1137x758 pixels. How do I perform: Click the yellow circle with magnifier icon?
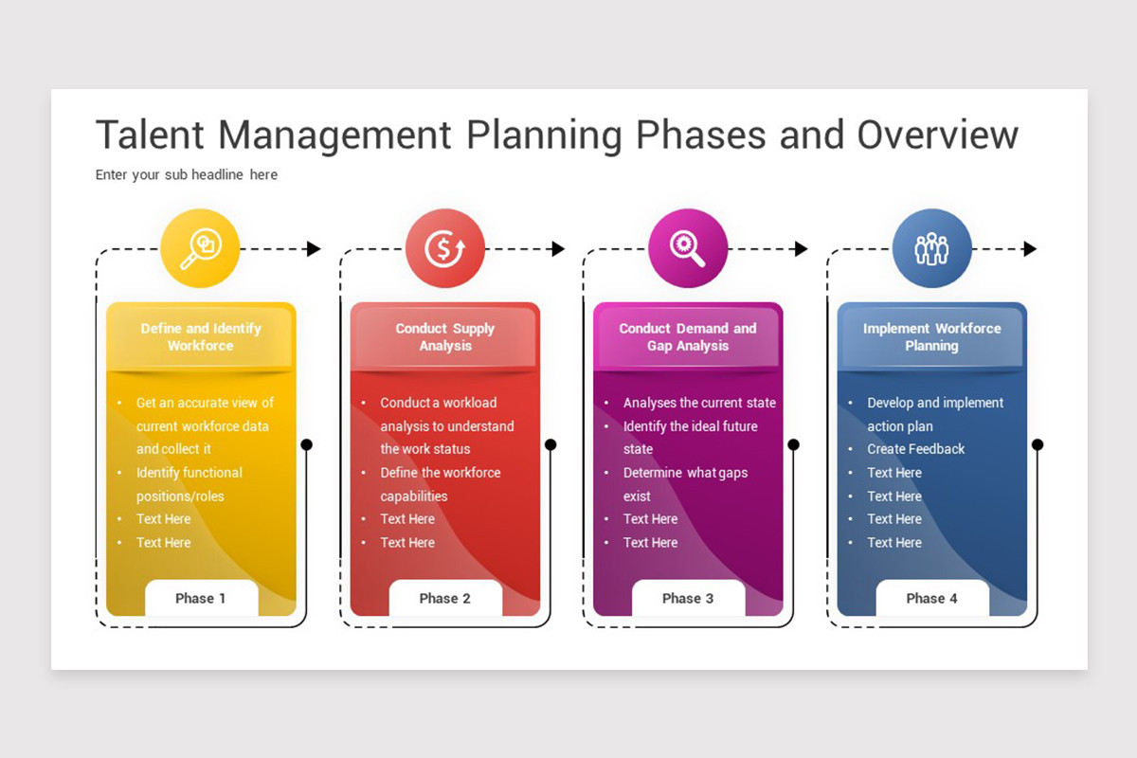(x=200, y=248)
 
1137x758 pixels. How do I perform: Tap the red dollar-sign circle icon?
(x=444, y=248)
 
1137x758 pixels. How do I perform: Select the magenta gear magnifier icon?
(x=688, y=248)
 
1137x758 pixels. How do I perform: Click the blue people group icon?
(x=931, y=248)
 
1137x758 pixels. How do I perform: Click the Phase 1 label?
(x=201, y=598)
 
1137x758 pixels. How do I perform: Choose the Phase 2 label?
(x=445, y=598)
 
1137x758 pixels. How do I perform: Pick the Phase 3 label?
(x=688, y=598)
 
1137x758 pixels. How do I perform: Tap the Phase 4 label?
(x=931, y=598)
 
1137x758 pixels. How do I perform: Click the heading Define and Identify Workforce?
(x=201, y=337)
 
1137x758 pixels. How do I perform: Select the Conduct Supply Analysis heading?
(x=445, y=337)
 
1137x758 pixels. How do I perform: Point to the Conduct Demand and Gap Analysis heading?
(x=688, y=337)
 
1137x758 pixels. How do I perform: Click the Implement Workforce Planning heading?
(x=931, y=337)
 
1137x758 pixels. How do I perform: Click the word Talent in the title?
(x=150, y=135)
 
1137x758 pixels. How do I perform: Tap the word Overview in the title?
(x=937, y=135)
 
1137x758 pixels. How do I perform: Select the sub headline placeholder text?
(x=187, y=174)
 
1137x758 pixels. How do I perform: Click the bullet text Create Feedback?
(x=915, y=449)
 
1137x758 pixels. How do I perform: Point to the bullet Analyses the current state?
(x=699, y=403)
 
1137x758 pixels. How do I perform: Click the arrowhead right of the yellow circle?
(x=314, y=249)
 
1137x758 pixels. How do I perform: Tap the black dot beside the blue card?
(x=1037, y=444)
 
